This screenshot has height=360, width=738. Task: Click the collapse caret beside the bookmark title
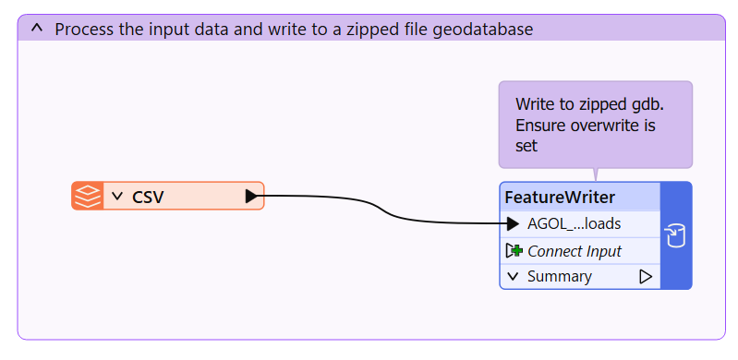[x=37, y=29]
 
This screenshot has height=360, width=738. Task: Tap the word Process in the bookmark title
[x=83, y=30]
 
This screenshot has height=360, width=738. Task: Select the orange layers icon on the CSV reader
[x=88, y=196]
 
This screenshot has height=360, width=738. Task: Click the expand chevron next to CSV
[x=117, y=197]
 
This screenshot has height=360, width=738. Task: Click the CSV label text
[x=148, y=197]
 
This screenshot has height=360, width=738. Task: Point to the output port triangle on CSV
[x=252, y=197]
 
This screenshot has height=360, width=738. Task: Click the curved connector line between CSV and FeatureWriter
[x=386, y=210]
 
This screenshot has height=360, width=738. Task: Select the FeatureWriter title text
[x=560, y=198]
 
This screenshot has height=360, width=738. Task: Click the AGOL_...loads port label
[x=575, y=224]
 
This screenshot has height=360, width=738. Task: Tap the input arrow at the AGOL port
[x=513, y=224]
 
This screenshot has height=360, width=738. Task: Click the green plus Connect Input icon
[x=514, y=251]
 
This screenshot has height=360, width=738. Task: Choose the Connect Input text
[x=575, y=251]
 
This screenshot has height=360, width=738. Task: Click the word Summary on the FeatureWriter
[x=559, y=277]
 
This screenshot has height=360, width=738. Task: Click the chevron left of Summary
[x=514, y=277]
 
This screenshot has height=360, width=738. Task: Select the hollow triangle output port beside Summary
[x=646, y=277]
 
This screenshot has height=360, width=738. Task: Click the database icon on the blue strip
[x=675, y=235]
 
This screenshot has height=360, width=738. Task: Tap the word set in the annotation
[x=526, y=146]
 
